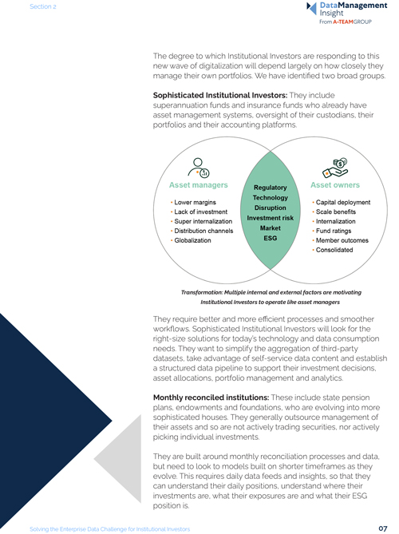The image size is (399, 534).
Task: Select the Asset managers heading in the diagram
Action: [196, 185]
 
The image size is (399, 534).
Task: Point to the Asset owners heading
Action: [336, 185]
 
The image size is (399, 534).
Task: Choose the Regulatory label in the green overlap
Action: [269, 187]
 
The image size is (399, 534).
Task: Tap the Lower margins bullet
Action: [197, 203]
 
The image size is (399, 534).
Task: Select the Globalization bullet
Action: [197, 239]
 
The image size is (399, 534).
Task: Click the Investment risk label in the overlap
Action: [269, 217]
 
